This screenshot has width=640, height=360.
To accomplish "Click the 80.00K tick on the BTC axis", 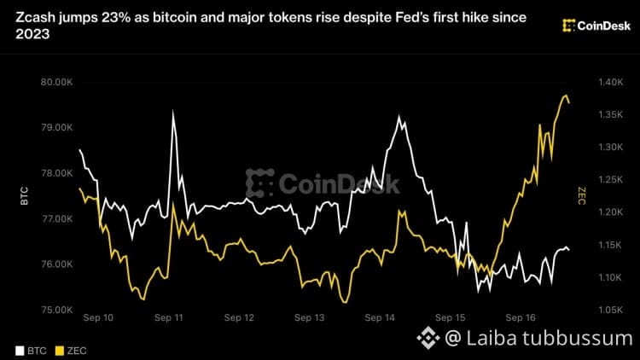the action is (56, 82).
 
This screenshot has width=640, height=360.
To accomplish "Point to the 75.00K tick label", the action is (56, 310).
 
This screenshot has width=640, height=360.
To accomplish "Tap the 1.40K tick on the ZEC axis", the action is (611, 82).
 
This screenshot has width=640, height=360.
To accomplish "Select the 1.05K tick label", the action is (611, 310).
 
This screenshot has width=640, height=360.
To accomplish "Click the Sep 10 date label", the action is (98, 317).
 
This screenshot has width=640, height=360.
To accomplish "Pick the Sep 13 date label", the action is (310, 317).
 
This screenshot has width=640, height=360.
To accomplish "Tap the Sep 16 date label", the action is (521, 317).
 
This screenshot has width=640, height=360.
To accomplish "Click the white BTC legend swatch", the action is (20, 351).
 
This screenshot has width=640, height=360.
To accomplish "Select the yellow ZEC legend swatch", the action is (60, 351).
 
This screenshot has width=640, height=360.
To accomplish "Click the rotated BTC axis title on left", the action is (25, 196).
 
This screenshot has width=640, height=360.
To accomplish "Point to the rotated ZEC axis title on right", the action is (582, 196).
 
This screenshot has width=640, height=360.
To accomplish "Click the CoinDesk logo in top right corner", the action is (596, 26).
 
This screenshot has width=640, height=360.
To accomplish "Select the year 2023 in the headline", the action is (32, 34).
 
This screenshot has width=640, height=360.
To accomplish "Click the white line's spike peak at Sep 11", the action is (173, 111).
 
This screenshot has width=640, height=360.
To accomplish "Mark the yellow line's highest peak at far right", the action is (566, 95).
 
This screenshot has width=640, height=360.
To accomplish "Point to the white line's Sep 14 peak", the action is (399, 116).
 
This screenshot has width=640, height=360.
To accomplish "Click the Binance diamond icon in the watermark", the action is (428, 338).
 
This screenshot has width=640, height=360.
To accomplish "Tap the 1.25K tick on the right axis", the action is (611, 180).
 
